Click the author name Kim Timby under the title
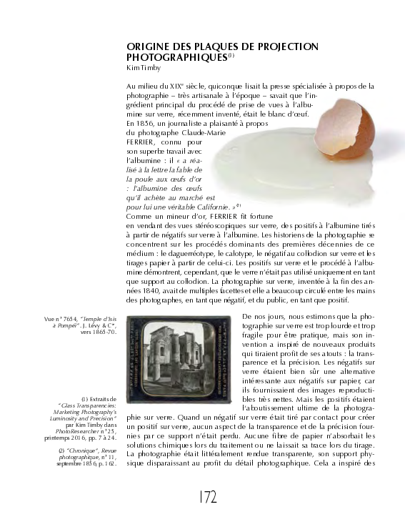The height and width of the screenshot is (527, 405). click(x=143, y=67)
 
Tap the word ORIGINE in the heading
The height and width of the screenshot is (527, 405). click(x=147, y=45)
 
